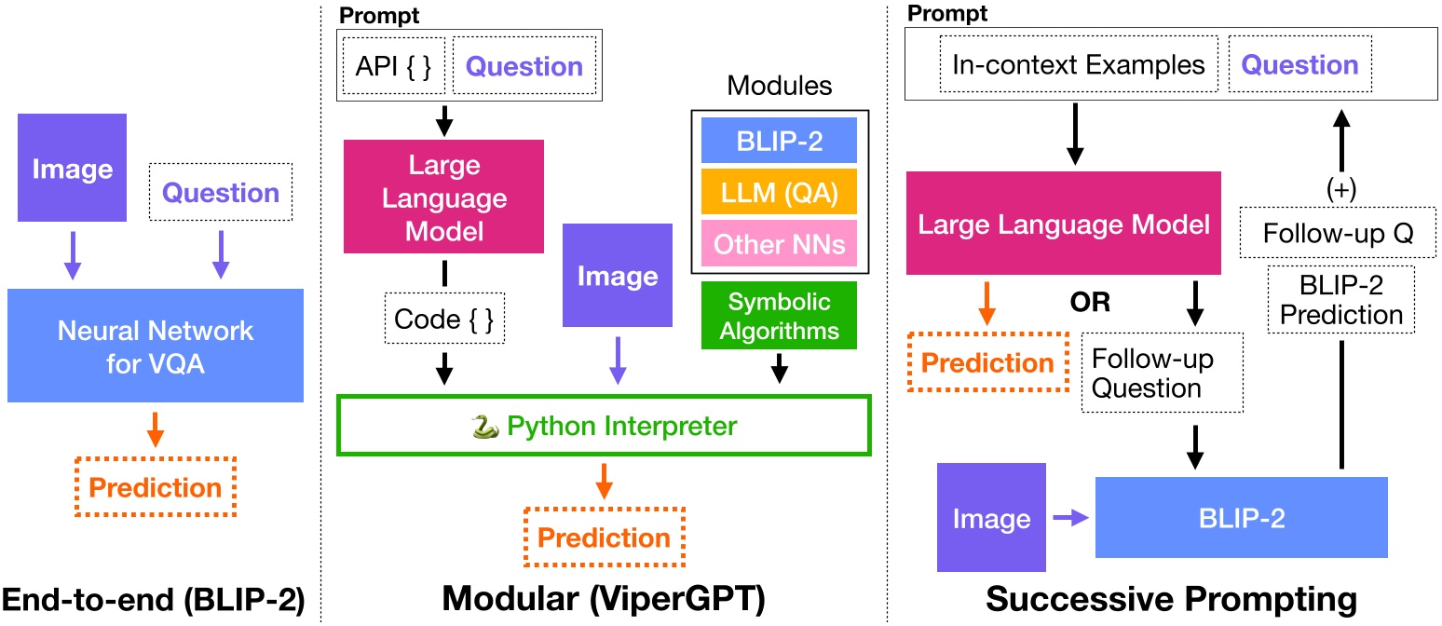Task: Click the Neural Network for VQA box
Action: (x=156, y=346)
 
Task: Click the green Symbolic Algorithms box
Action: (x=779, y=316)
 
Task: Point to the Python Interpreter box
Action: (x=603, y=427)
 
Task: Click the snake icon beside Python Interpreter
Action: (x=484, y=427)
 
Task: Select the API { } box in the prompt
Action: (x=393, y=67)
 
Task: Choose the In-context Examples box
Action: (x=1078, y=65)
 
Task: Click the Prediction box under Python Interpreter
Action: (x=604, y=538)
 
